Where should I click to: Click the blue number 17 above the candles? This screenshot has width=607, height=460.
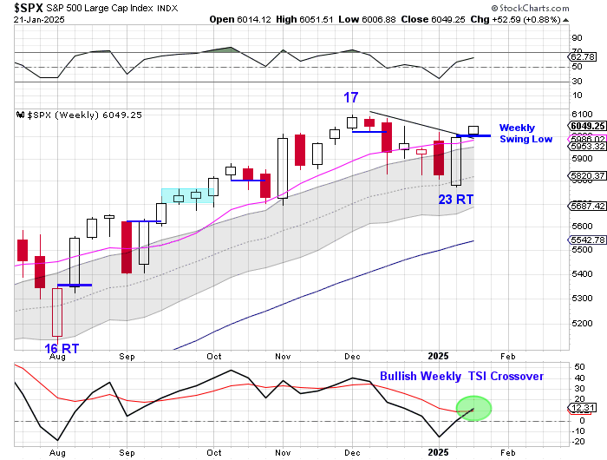(350, 97)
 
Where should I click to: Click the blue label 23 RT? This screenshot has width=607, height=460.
(455, 200)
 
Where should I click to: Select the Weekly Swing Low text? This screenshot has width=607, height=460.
(525, 133)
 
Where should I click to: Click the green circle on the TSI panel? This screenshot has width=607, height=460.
(473, 408)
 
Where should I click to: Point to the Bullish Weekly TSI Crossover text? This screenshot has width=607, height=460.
(461, 376)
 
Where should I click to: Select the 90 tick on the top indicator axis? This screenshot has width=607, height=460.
(576, 37)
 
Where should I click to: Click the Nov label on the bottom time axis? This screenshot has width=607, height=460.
(284, 453)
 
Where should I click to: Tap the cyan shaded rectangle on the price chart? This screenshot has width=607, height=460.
(187, 196)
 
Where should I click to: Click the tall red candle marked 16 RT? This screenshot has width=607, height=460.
(57, 312)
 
